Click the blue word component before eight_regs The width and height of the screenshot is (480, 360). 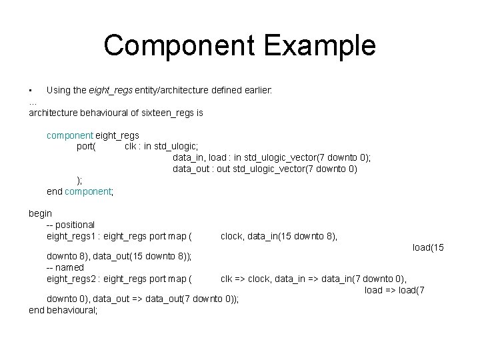click(x=70, y=135)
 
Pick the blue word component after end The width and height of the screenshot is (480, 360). click(x=89, y=192)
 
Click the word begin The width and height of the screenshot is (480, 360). click(x=40, y=213)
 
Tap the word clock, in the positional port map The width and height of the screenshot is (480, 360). click(x=233, y=236)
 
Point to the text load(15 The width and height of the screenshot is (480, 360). click(x=427, y=247)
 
